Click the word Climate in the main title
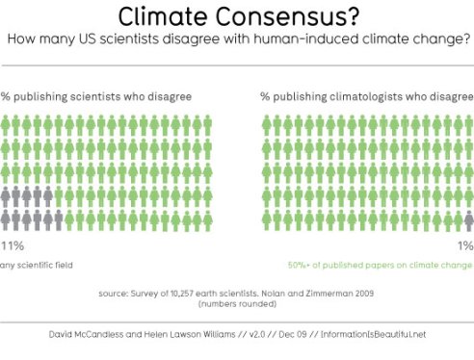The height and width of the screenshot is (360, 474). pyautogui.click(x=168, y=16)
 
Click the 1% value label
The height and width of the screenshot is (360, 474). pyautogui.click(x=466, y=246)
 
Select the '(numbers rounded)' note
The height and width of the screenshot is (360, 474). pyautogui.click(x=237, y=303)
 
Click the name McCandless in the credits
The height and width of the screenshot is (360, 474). pyautogui.click(x=101, y=334)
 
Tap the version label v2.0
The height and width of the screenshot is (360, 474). pyautogui.click(x=286, y=334)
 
